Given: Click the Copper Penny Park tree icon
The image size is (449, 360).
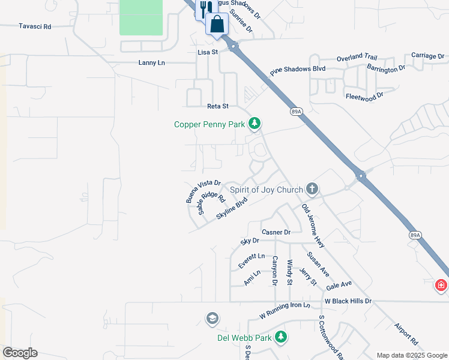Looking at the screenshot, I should point(255,124).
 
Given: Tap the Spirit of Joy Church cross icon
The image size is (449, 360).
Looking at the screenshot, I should point(312,189).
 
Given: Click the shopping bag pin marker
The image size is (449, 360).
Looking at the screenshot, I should point(217,25).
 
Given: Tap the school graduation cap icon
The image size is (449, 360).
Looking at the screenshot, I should point(211,318).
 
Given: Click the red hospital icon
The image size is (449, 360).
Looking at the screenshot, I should point(441,284).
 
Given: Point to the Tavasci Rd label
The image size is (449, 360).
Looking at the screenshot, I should point(35,26).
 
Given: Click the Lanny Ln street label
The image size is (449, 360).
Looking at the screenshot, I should point(151,62).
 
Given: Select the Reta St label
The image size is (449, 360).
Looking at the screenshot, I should point(218,106).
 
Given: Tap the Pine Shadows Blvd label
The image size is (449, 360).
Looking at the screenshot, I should point(298,70).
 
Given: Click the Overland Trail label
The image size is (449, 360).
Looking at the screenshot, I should point(357,57).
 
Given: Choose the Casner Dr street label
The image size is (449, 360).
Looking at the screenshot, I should point(276,232).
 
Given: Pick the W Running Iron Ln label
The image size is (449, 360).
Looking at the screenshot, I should point(285,310).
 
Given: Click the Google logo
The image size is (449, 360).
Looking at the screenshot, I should point(20,353).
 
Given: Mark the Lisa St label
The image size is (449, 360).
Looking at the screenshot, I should point(207,52).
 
